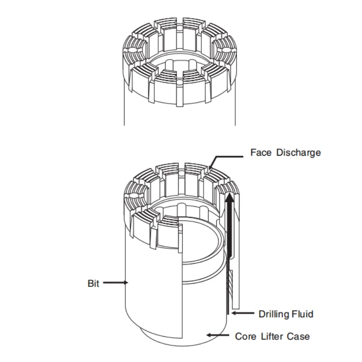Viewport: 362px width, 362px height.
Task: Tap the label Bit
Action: (93, 284)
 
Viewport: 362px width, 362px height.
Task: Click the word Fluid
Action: (303, 314)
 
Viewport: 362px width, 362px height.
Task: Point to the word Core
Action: (245, 336)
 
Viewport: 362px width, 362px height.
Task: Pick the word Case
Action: (300, 336)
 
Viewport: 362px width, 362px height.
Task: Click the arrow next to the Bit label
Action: (116, 283)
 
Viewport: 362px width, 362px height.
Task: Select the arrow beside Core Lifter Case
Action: (218, 335)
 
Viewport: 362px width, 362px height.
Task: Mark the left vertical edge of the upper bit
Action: (124, 109)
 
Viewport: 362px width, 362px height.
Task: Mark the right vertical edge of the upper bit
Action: (236, 109)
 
